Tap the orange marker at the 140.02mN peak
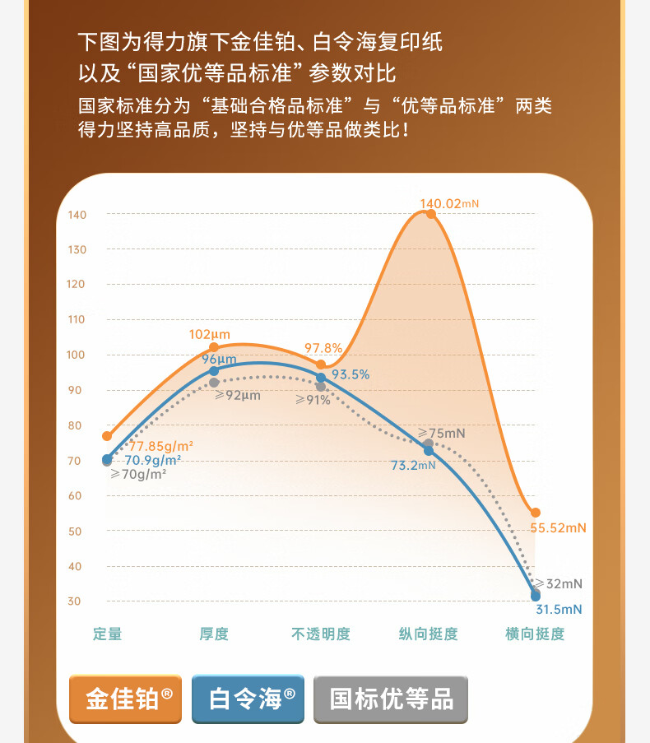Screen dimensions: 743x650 click(x=431, y=214)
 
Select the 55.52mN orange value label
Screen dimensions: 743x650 click(x=558, y=528)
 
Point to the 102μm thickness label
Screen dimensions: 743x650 click(x=210, y=335)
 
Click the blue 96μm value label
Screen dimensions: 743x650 click(x=219, y=360)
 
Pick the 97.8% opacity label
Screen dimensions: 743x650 click(x=323, y=348)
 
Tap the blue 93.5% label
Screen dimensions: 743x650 click(x=351, y=374)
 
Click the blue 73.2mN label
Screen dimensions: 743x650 click(x=413, y=466)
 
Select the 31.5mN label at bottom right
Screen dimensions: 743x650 click(x=559, y=610)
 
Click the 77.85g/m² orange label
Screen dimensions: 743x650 click(x=161, y=446)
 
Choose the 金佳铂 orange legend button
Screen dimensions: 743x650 click(x=125, y=699)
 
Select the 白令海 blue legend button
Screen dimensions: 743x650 click(x=248, y=699)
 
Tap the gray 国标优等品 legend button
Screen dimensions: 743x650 click(x=391, y=699)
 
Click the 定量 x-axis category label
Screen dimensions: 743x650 click(x=107, y=634)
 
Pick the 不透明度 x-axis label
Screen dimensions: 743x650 click(x=321, y=634)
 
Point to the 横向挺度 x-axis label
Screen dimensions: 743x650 click(x=535, y=634)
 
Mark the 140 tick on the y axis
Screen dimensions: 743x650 click(x=77, y=215)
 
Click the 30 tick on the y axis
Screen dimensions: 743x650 click(x=75, y=601)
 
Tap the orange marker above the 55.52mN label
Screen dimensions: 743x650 click(x=536, y=513)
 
